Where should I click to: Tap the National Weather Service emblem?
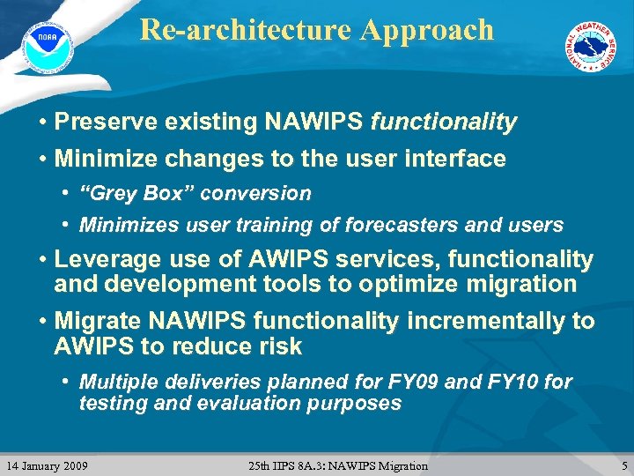(x=590, y=47)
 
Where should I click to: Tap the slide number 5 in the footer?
(x=623, y=465)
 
